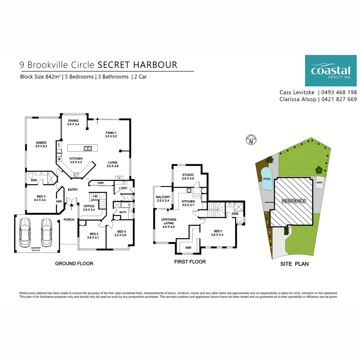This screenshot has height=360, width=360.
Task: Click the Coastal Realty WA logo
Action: click(x=330, y=70)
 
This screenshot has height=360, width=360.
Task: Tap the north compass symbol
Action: click(x=251, y=140)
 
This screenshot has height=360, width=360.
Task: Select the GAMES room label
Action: click(x=41, y=144)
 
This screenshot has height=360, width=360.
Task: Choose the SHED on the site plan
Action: click(x=319, y=182)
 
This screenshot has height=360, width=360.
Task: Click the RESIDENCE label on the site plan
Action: click(x=294, y=201)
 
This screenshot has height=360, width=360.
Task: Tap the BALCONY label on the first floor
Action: click(x=163, y=199)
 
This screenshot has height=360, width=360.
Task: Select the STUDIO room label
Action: click(x=188, y=177)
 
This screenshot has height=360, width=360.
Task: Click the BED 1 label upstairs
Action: click(x=217, y=233)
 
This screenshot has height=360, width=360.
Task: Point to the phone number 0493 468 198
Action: click(x=339, y=92)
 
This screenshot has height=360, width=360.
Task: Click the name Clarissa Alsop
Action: click(x=297, y=99)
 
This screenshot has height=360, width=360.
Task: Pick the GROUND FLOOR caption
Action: click(x=74, y=264)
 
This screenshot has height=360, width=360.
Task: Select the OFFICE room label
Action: click(x=89, y=208)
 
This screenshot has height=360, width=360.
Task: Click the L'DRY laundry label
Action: click(x=119, y=189)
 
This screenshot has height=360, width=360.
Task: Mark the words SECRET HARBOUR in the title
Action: click(x=137, y=64)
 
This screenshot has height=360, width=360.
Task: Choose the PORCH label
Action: click(x=69, y=219)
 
